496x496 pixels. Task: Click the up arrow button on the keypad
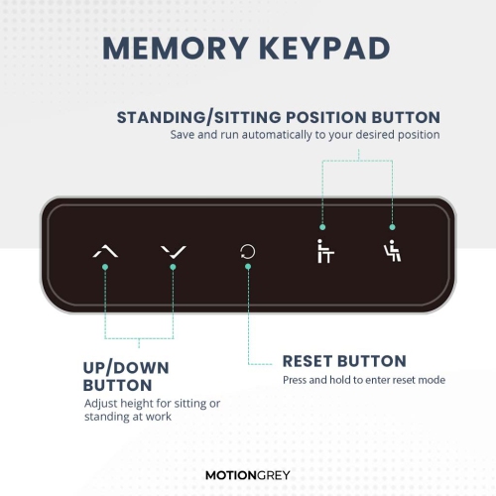coord(105,252)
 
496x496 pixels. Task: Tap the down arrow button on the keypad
coord(172,252)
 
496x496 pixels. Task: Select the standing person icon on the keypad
coord(321,252)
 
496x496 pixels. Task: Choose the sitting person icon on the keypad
coord(392,252)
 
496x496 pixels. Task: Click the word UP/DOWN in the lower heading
coord(127,367)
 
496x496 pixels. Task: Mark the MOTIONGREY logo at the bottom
coord(247,475)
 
